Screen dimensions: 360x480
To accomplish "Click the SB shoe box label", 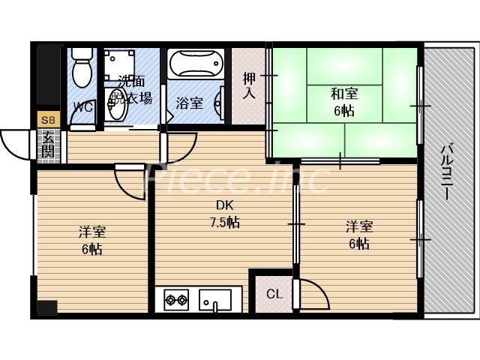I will [48, 120].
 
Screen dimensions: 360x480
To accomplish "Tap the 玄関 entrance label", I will [48, 143].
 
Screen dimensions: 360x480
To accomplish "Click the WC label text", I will [82, 107].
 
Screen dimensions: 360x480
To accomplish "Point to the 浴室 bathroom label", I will [189, 103].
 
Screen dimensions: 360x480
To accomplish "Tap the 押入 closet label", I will [250, 85].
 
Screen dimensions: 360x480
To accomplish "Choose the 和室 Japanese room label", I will [344, 94].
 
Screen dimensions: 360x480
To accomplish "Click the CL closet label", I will [274, 294].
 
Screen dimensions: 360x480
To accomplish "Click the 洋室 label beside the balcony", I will [359, 226].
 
